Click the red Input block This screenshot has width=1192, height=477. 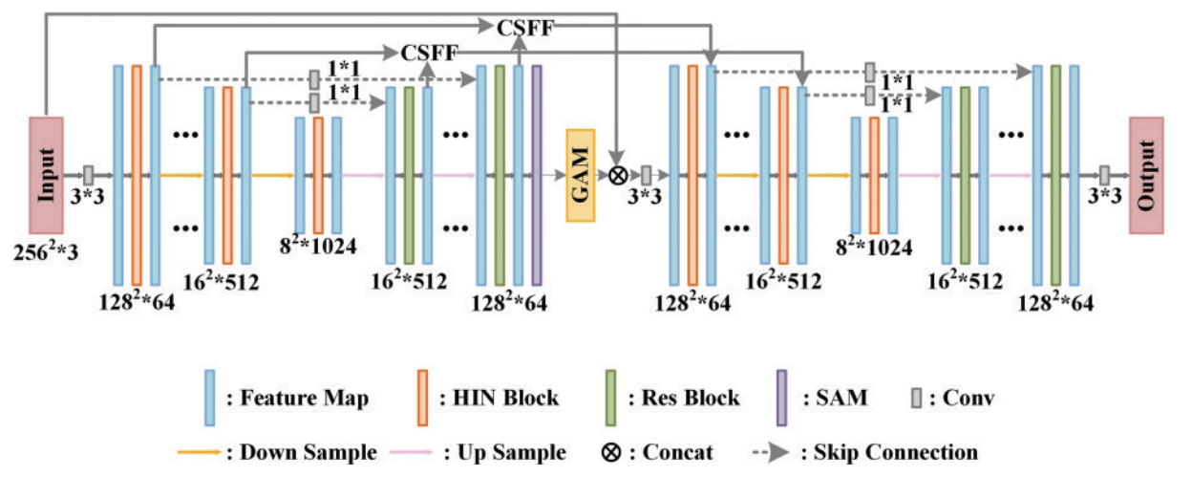(46, 175)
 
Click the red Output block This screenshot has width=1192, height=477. (1146, 175)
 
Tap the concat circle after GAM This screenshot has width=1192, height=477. (618, 175)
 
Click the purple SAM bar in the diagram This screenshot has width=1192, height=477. (537, 175)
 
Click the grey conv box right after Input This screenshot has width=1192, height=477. (88, 175)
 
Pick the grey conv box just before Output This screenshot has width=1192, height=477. (1104, 175)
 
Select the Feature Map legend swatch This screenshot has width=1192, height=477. (208, 395)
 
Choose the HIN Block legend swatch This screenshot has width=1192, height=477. (421, 395)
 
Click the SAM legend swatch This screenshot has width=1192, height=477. (781, 395)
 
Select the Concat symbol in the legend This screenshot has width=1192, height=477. (611, 452)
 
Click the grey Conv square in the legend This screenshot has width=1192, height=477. (916, 396)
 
